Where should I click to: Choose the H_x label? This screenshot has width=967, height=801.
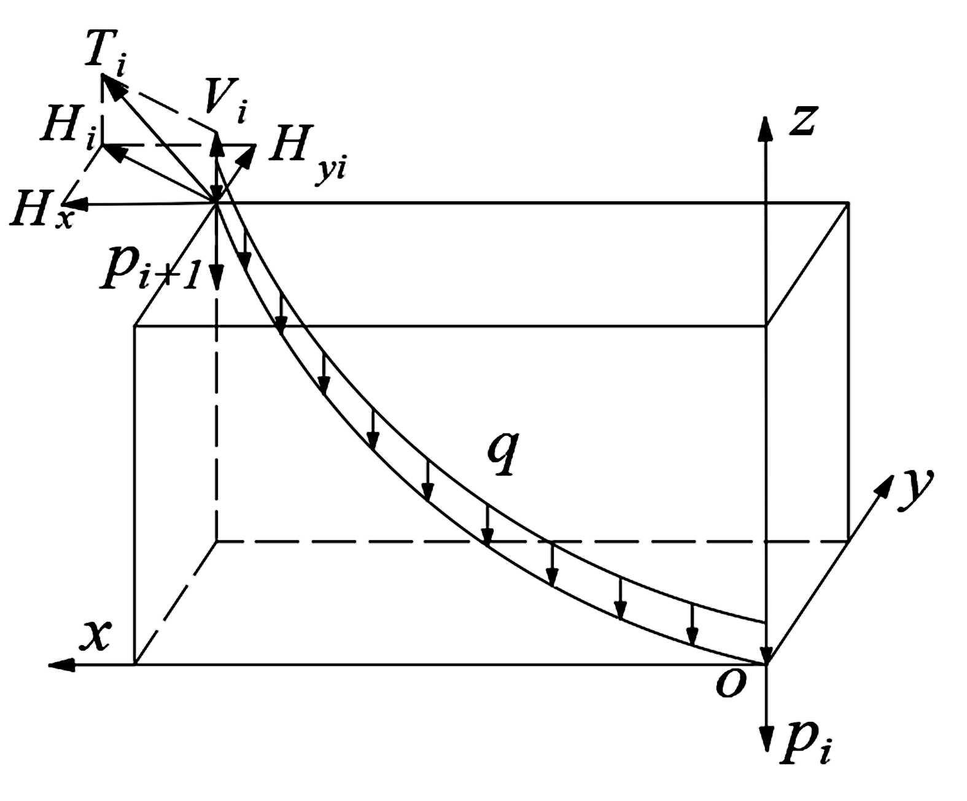pyautogui.click(x=40, y=212)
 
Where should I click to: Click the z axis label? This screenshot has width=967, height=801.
pyautogui.click(x=802, y=119)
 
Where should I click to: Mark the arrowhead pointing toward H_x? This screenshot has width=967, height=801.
pyautogui.click(x=69, y=204)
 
